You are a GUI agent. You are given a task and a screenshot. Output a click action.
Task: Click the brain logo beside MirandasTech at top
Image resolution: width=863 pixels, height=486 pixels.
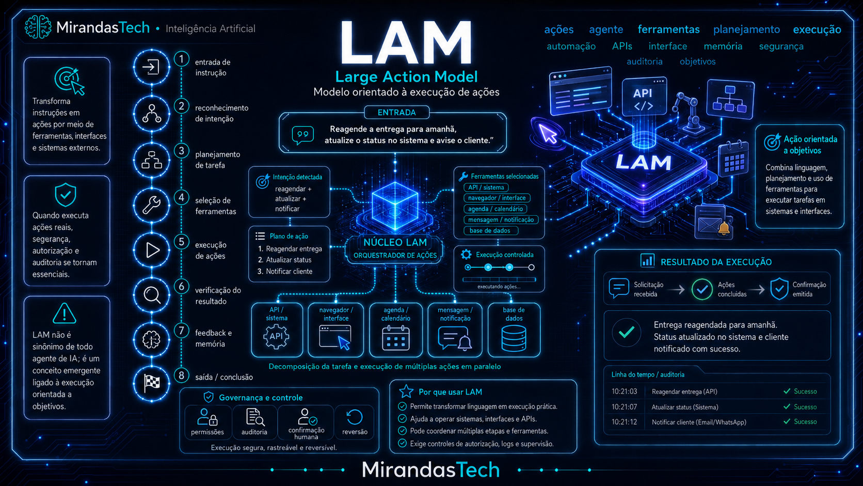[x=38, y=27]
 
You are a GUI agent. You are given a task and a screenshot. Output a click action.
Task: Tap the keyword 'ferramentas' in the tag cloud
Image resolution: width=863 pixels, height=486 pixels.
[x=668, y=29]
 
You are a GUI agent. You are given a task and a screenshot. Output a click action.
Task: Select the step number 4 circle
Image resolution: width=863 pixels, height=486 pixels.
[x=182, y=197]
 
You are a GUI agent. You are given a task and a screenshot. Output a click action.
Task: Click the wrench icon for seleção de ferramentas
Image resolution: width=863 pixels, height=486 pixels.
[x=152, y=205]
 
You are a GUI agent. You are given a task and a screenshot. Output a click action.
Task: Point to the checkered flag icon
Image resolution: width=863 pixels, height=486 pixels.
[x=152, y=383]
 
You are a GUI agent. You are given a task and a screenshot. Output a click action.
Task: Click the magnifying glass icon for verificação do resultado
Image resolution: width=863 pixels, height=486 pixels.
[x=152, y=295]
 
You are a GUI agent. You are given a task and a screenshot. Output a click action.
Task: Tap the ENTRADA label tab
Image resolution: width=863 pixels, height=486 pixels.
[x=396, y=113]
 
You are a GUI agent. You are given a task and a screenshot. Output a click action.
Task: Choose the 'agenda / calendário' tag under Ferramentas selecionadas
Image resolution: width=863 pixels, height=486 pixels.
[x=495, y=209]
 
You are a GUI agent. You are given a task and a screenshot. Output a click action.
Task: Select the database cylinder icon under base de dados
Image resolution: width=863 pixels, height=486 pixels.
[x=514, y=338]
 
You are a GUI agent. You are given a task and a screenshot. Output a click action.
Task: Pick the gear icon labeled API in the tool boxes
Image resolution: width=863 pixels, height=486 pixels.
[x=276, y=336]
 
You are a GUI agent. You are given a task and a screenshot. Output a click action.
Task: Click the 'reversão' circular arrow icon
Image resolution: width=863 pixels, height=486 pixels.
[x=355, y=417]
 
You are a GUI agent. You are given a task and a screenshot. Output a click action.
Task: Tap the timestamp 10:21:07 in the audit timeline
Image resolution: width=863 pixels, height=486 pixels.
[x=624, y=407]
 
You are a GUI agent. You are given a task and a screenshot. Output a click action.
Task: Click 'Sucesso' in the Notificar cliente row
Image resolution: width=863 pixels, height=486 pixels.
[x=805, y=421]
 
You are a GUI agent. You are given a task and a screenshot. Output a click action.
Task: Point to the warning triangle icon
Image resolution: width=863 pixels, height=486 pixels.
[x=65, y=313]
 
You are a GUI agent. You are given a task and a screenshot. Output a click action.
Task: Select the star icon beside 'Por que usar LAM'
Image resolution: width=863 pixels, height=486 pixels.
[x=406, y=391]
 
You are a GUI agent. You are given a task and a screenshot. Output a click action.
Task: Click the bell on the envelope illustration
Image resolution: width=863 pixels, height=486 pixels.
[x=724, y=228]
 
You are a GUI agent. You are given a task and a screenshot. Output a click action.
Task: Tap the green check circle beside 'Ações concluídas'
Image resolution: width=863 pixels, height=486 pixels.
[x=702, y=289]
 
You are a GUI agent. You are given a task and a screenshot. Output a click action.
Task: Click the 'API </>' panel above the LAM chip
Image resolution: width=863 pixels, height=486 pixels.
[x=644, y=97]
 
